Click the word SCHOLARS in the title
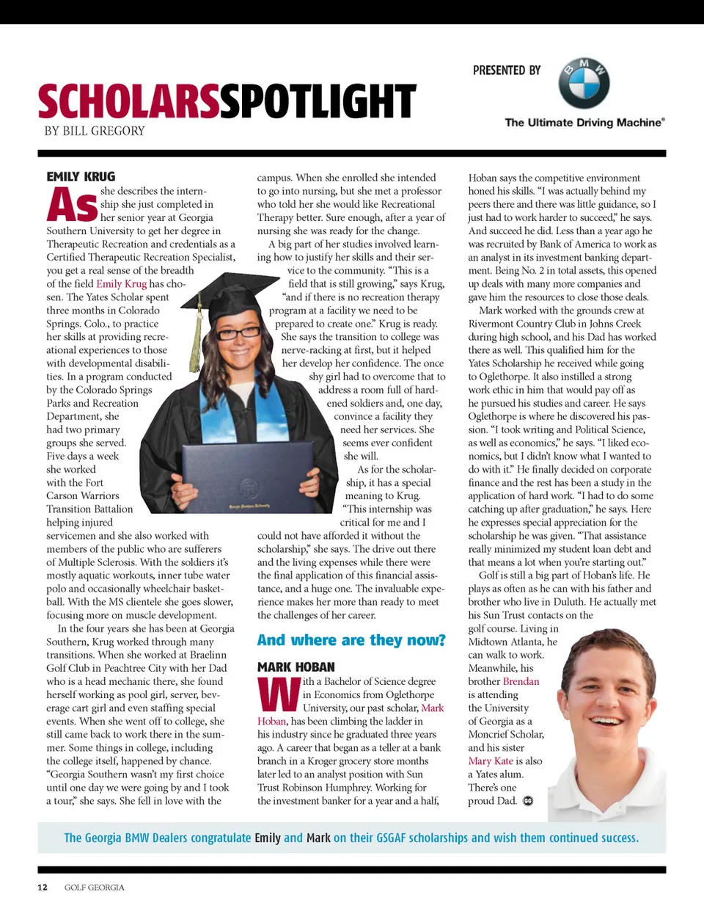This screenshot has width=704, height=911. point(128,101)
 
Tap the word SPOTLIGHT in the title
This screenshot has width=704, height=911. point(318,101)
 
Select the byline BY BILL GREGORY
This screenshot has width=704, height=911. point(95,131)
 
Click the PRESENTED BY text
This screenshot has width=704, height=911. point(506,70)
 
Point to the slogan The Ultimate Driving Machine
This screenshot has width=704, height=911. point(584,123)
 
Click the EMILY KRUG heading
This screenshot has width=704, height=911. point(81,177)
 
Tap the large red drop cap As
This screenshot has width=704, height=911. point(72,205)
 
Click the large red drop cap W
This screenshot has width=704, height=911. point(279,694)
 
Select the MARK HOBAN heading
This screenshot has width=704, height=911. point(296,667)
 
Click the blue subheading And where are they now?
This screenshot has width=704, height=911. point(351,640)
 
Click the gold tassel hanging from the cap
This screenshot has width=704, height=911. point(197,330)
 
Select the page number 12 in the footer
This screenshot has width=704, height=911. point(43,888)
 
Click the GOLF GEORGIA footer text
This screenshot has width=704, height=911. point(94,888)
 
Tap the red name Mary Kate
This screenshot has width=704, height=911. point(491,761)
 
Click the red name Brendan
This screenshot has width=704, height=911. point(521,681)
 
